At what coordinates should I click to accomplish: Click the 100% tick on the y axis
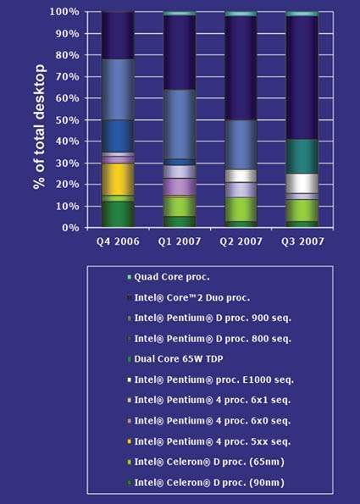pyautogui.click(x=67, y=12)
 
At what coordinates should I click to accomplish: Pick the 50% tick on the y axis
pyautogui.click(x=69, y=119)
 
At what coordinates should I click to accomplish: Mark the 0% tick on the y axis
pyautogui.click(x=72, y=228)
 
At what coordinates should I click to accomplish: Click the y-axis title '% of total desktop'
pyautogui.click(x=40, y=119)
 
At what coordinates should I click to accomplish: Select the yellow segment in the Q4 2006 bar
pyautogui.click(x=118, y=179)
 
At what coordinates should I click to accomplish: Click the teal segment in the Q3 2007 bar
pyautogui.click(x=302, y=156)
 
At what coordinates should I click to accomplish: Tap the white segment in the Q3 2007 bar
pyautogui.click(x=302, y=183)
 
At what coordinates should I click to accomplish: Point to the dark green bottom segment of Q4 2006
pyautogui.click(x=118, y=214)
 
